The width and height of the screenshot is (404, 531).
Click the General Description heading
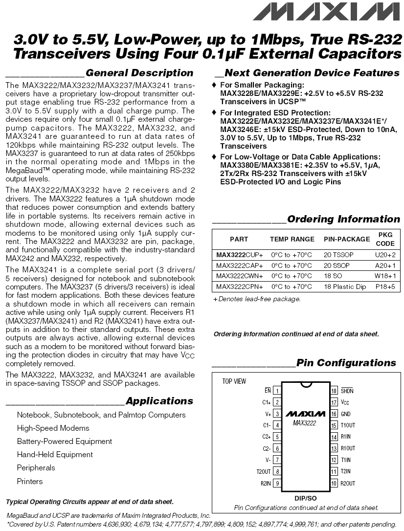tap(139, 73)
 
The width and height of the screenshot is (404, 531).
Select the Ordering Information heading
tap(343, 219)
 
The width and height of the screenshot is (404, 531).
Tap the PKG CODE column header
tap(385, 239)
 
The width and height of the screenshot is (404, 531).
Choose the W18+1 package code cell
tap(385, 276)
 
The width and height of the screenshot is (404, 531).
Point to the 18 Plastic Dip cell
tap(345, 287)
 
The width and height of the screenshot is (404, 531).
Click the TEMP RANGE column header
tap(292, 239)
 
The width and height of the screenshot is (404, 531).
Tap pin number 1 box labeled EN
tap(277, 391)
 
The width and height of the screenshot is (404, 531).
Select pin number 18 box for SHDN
tap(335, 391)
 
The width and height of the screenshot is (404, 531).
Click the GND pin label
tap(346, 414)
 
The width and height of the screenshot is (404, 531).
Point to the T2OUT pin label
tap(263, 471)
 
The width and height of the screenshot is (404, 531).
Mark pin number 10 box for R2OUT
tap(335, 483)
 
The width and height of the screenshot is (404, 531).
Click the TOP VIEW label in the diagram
tap(234, 381)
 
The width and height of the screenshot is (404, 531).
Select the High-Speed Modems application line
tap(53, 428)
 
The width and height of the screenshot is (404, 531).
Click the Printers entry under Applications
tap(30, 481)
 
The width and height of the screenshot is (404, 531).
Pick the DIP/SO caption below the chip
tap(306, 498)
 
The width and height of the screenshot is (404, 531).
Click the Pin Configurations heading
tap(346, 363)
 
